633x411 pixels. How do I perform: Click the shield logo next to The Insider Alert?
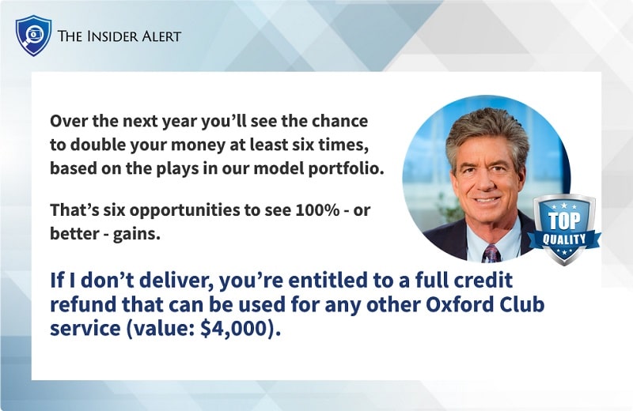pos(33,36)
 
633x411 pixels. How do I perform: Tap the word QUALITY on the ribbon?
pos(563,238)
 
